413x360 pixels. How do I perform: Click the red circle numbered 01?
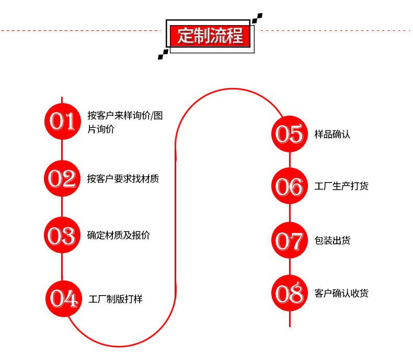point(62,121)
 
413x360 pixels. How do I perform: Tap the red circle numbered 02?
point(62,178)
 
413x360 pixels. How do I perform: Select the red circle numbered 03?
point(62,235)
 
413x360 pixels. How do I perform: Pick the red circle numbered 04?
point(64,299)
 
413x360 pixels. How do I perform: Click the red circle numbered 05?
point(290,134)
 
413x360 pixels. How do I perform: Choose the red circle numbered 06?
point(290,186)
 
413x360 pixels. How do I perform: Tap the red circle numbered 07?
point(290,240)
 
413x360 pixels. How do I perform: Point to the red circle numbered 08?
point(290,293)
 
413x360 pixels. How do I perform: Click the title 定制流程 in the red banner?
point(210,36)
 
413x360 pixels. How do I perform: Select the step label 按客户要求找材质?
point(123,178)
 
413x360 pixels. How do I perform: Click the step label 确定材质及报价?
point(119,235)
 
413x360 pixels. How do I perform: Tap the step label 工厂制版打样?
point(116,299)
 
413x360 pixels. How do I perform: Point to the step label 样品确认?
point(332,134)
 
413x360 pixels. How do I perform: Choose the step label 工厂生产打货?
point(341,186)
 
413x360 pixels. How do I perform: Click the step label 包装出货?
point(332,240)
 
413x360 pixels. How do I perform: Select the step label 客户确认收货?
point(341,293)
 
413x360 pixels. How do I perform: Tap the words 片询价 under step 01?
point(101,129)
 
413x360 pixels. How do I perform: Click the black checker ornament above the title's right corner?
point(257,18)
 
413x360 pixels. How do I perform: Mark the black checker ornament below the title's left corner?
point(163,54)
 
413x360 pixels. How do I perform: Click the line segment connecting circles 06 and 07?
point(290,213)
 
